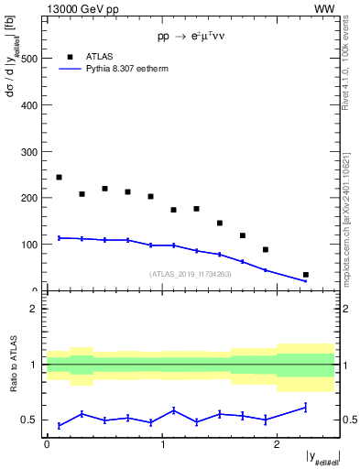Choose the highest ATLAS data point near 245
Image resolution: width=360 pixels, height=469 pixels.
(x=59, y=177)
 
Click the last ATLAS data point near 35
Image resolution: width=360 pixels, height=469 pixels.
(x=305, y=275)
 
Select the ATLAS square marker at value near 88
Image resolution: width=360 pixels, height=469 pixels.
(x=266, y=250)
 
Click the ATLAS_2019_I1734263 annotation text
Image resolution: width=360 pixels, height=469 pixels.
(x=190, y=273)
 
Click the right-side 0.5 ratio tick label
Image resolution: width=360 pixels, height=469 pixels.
(x=348, y=420)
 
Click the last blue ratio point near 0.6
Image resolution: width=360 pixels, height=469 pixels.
(x=305, y=407)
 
